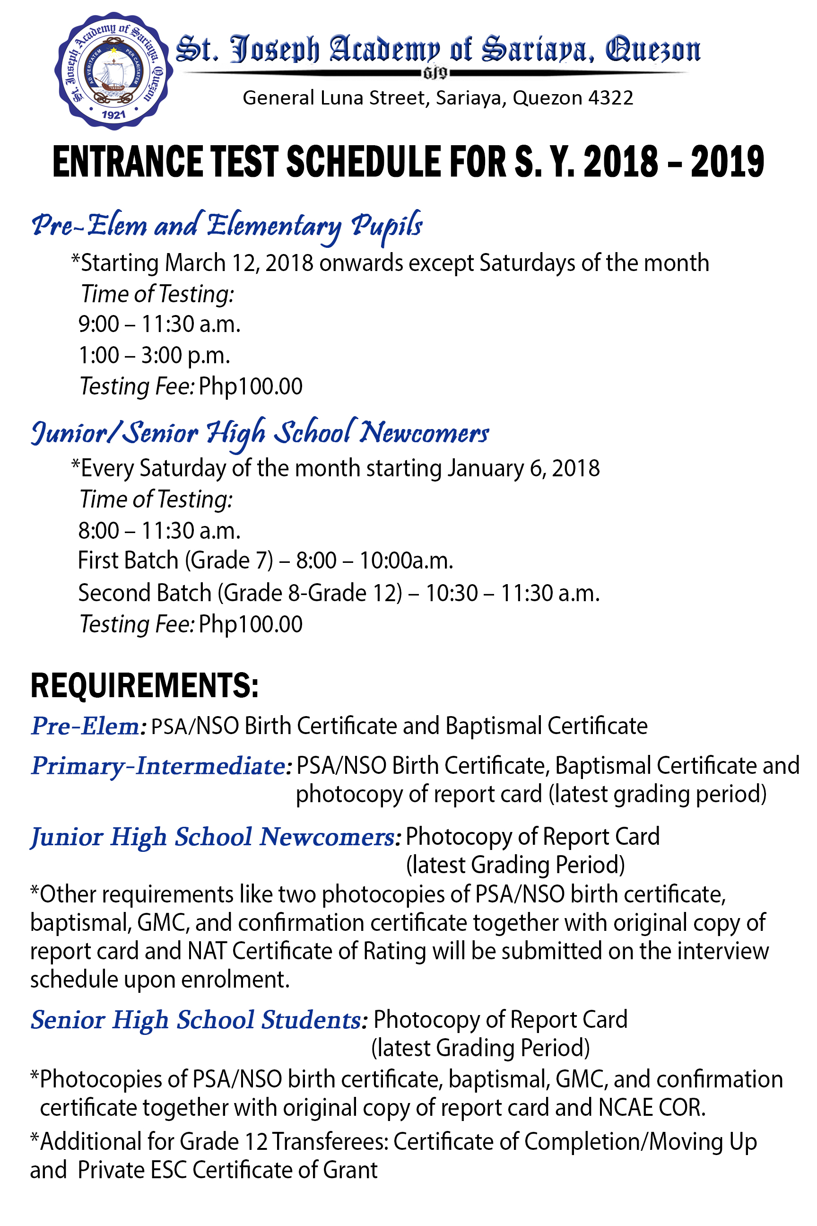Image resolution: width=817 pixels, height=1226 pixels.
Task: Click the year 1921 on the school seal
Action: coord(113,114)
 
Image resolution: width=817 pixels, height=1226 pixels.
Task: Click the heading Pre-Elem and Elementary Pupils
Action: coord(226,226)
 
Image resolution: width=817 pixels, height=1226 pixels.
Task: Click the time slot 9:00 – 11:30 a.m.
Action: coord(159,324)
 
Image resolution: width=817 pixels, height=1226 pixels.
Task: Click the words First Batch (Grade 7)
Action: coord(175,561)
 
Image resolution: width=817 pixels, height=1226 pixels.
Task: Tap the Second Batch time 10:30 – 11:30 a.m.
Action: coord(512,593)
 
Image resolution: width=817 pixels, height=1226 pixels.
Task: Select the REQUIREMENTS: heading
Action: coord(144,685)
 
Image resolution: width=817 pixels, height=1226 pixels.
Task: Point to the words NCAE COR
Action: coord(652,1108)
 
